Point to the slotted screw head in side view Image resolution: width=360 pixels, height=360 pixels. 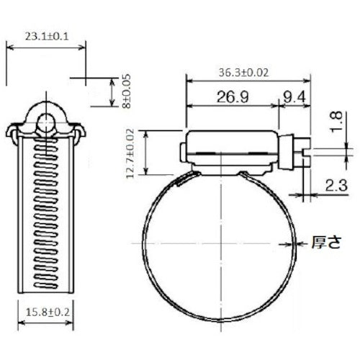pyautogui.click(x=302, y=152)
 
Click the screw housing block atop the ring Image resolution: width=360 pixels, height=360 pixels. pyautogui.click(x=230, y=151)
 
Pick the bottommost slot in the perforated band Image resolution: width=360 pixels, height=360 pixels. pyautogui.click(x=47, y=276)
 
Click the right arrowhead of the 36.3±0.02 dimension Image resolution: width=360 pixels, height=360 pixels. pyautogui.click(x=307, y=81)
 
